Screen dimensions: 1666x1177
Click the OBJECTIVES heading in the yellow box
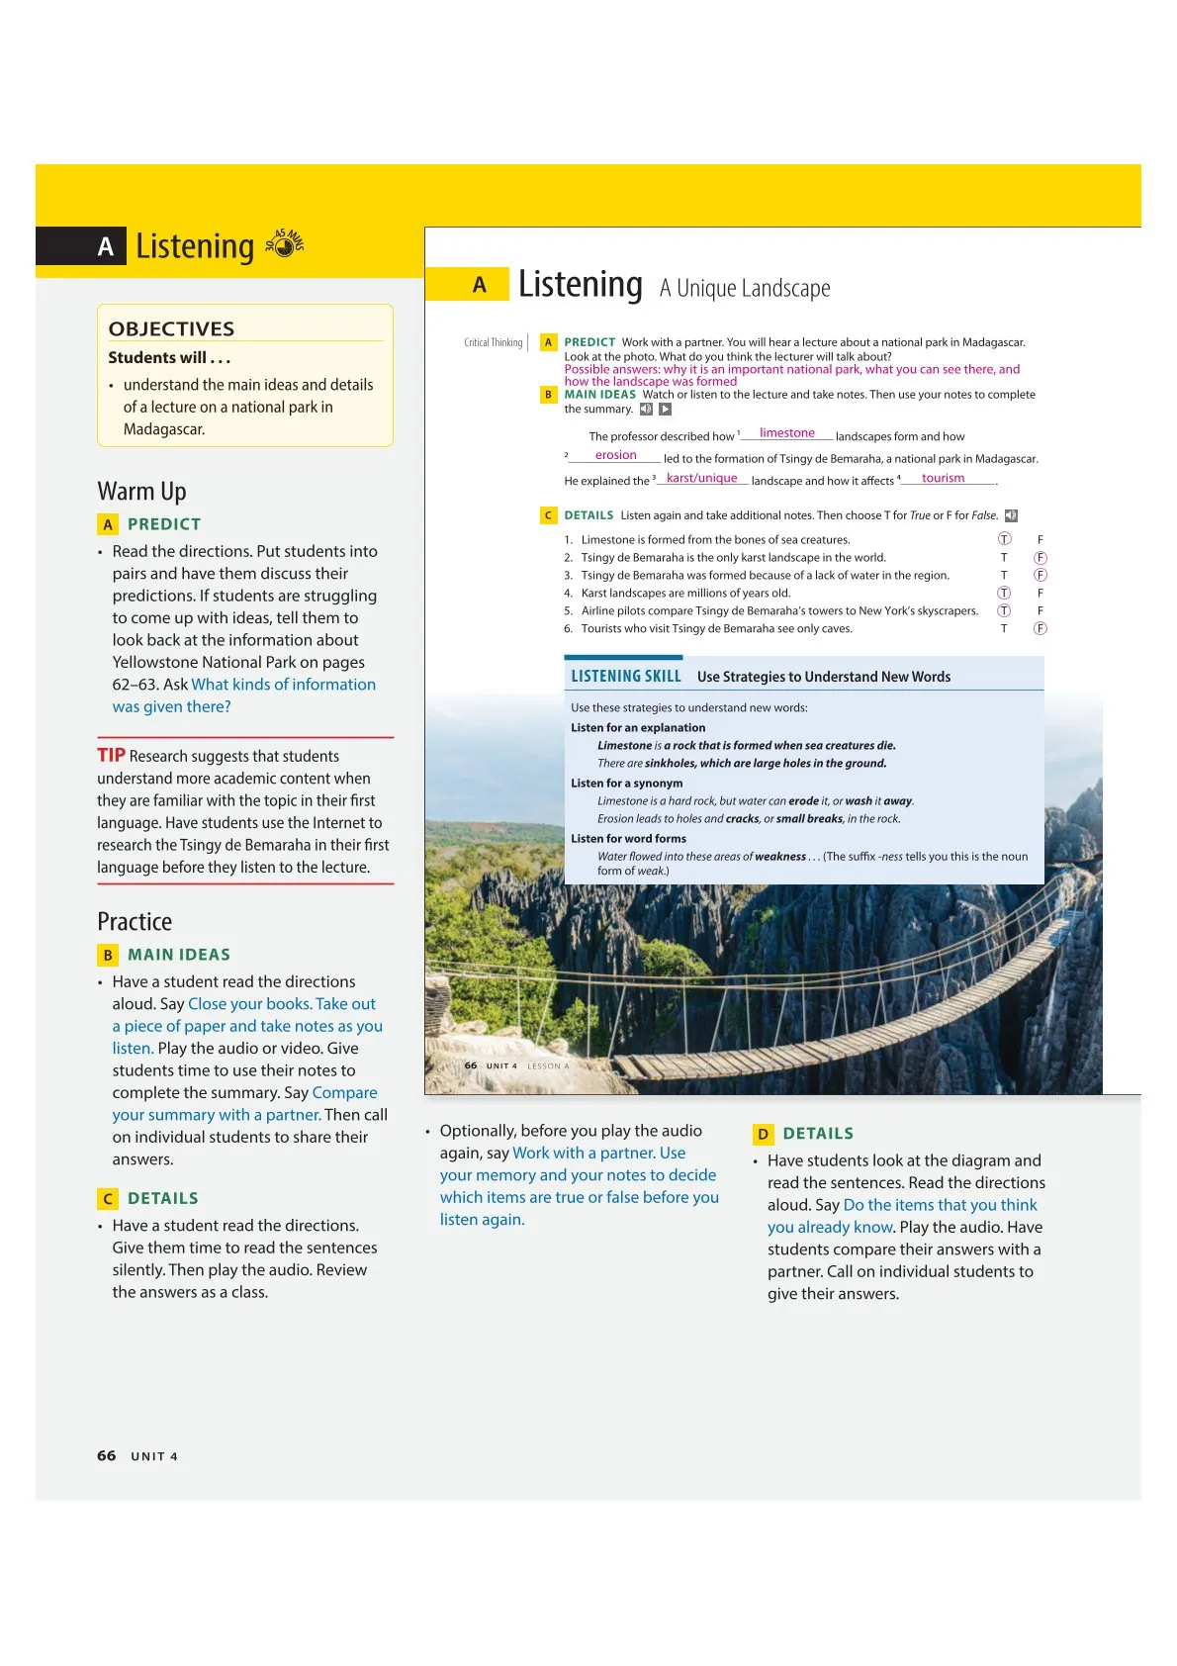171,328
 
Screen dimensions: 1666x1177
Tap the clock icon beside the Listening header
286,243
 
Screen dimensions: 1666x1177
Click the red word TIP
111,756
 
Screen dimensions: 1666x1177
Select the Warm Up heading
141,492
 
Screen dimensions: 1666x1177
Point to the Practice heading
135,922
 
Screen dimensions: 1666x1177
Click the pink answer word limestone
786,433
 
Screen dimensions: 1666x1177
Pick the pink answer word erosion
615,456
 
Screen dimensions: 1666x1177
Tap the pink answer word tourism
943,479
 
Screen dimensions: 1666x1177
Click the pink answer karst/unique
701,479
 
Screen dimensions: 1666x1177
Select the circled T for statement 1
1004,539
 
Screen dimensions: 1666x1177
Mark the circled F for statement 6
1041,628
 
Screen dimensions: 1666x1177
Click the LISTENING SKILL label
625,677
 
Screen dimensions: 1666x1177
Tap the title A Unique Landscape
745,289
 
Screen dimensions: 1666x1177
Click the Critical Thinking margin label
493,343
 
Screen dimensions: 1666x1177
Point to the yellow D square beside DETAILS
763,1134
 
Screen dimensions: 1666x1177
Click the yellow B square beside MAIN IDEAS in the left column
108,955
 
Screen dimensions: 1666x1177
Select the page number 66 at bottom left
106,1455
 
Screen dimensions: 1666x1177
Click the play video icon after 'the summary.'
666,410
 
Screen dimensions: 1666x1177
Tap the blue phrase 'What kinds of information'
283,685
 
